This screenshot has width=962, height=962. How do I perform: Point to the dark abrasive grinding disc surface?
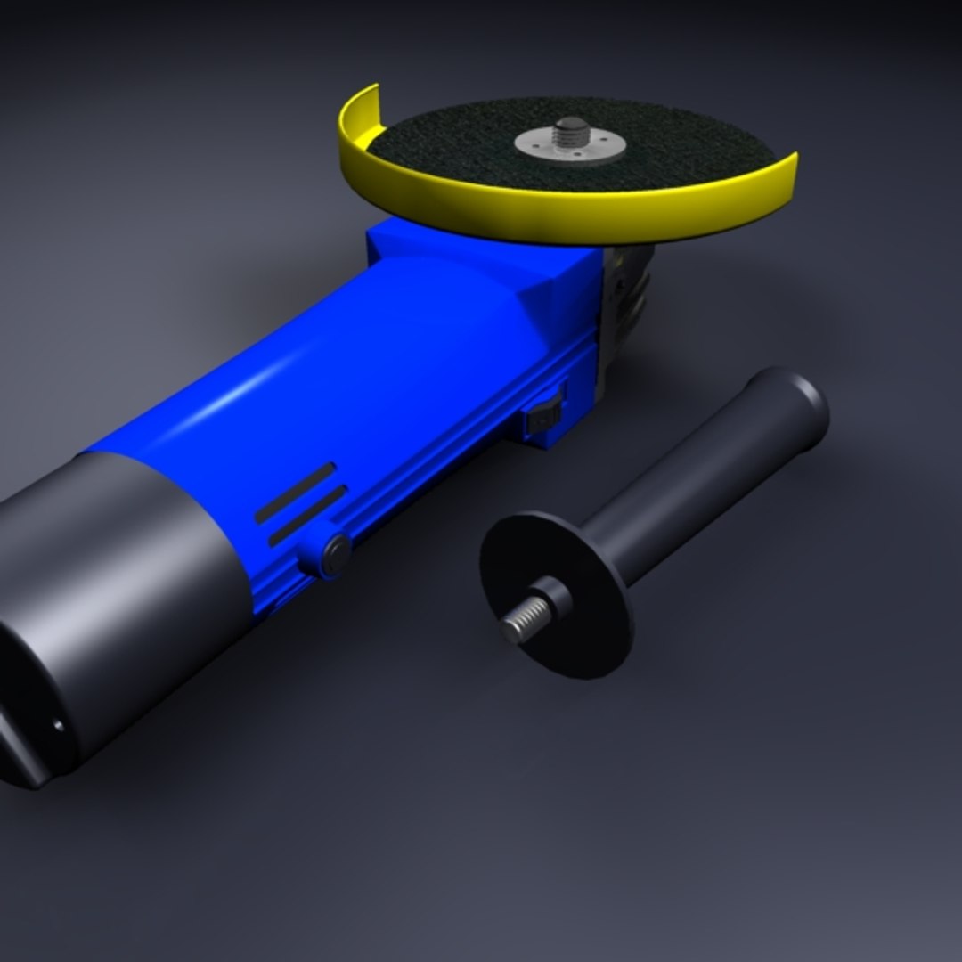point(445,143)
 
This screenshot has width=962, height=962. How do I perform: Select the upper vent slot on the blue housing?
point(295,493)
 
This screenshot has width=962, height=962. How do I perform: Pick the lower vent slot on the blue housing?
point(307,516)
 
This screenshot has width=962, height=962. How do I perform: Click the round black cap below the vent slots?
point(336,553)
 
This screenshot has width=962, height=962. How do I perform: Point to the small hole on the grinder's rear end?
point(59,725)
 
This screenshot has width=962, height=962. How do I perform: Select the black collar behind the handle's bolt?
point(552,597)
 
